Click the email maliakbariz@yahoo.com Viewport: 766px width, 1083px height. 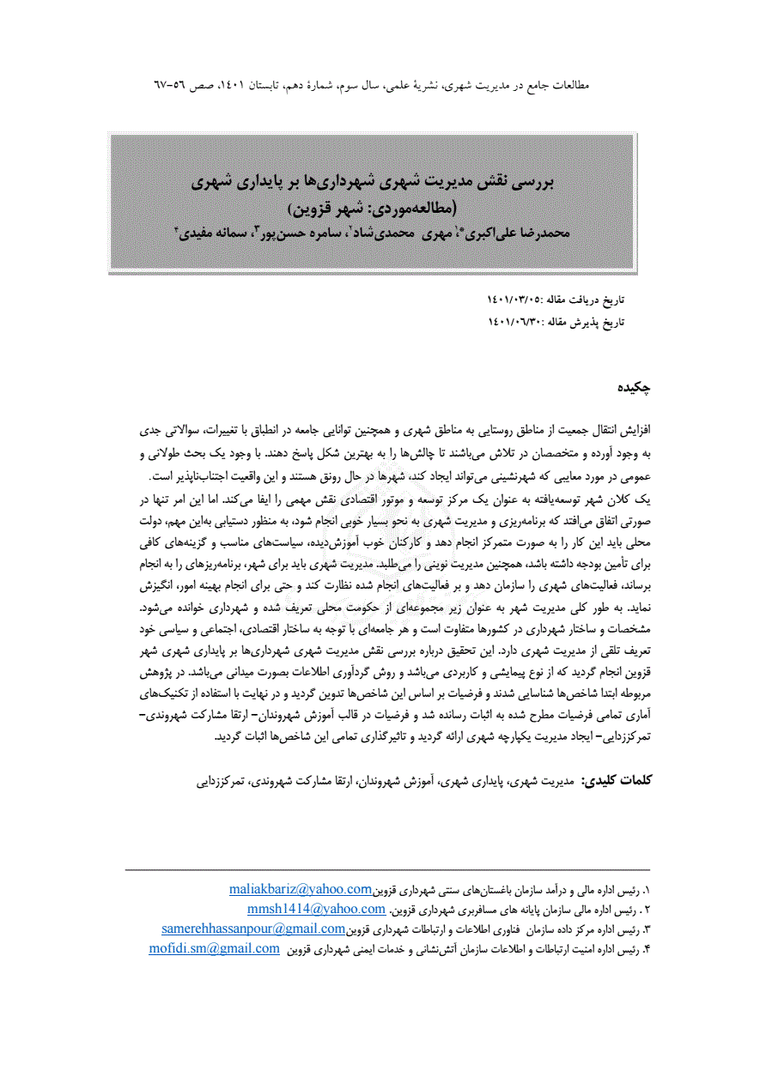tap(300, 888)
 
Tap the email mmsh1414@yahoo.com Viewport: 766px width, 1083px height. tap(316, 909)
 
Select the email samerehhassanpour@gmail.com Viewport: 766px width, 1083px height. tap(253, 929)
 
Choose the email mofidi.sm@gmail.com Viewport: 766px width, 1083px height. tap(215, 948)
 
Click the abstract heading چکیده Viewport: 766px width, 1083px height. tap(635, 389)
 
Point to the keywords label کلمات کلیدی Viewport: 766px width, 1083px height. tap(617, 781)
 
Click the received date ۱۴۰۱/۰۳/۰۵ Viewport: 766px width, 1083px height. tap(514, 300)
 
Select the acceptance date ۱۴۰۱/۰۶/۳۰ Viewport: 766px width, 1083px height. tap(514, 322)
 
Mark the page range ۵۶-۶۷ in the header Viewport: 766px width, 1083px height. tap(168, 87)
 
